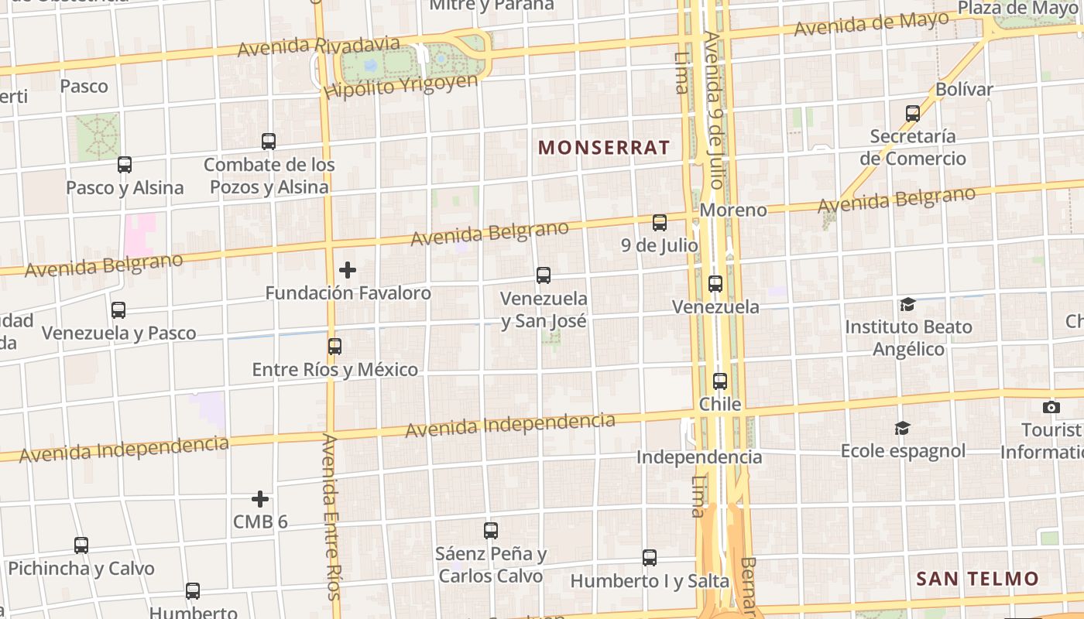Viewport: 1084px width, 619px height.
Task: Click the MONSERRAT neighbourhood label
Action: [x=604, y=148]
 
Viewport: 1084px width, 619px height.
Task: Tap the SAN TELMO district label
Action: [x=977, y=579]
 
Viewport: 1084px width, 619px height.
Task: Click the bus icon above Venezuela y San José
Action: [x=544, y=275]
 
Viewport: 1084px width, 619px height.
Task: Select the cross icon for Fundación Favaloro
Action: [x=348, y=270]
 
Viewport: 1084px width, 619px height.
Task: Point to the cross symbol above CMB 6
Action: [x=260, y=498]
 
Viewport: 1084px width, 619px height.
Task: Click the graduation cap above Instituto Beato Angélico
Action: [x=907, y=304]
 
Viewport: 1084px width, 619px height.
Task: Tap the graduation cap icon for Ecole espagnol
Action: [x=903, y=428]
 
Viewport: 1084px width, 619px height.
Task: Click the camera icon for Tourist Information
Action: [x=1051, y=407]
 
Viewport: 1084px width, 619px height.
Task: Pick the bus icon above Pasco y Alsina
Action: [x=125, y=164]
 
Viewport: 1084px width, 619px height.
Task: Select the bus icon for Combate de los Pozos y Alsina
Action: [x=269, y=142]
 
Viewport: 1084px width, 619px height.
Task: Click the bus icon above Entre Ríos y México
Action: [x=334, y=347]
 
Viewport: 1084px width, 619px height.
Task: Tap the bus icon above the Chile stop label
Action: [x=720, y=381]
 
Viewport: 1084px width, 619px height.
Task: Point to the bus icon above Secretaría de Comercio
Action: [x=913, y=114]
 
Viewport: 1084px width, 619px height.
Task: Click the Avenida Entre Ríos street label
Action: [x=331, y=516]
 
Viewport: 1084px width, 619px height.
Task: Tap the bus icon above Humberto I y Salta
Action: [x=650, y=557]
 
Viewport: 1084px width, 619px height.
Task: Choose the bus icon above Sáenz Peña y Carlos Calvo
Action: [x=491, y=530]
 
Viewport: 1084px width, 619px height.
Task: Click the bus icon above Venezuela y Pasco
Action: [x=118, y=309]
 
